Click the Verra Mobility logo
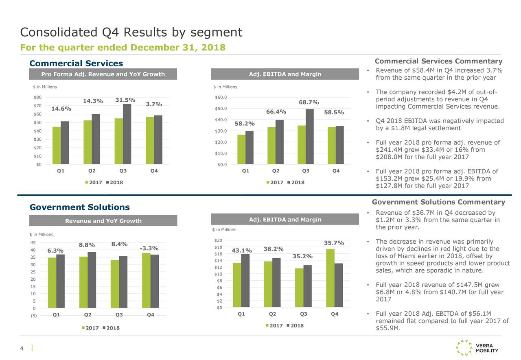pos(477,348)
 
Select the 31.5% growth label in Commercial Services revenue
pos(125,100)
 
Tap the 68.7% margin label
pos(309,102)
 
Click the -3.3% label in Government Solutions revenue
pos(149,248)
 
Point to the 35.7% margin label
pos(334,243)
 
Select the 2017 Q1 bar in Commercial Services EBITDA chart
pos(241,149)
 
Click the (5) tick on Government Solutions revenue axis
pos(33,315)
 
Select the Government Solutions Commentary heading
pos(438,202)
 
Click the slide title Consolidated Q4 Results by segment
pos(131,32)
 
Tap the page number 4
pos(22,348)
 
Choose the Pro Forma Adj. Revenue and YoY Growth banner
pos(103,74)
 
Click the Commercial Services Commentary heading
pos(438,61)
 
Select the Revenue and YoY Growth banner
pos(103,220)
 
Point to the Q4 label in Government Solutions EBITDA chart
pos(335,314)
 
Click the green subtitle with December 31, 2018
pos(123,48)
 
